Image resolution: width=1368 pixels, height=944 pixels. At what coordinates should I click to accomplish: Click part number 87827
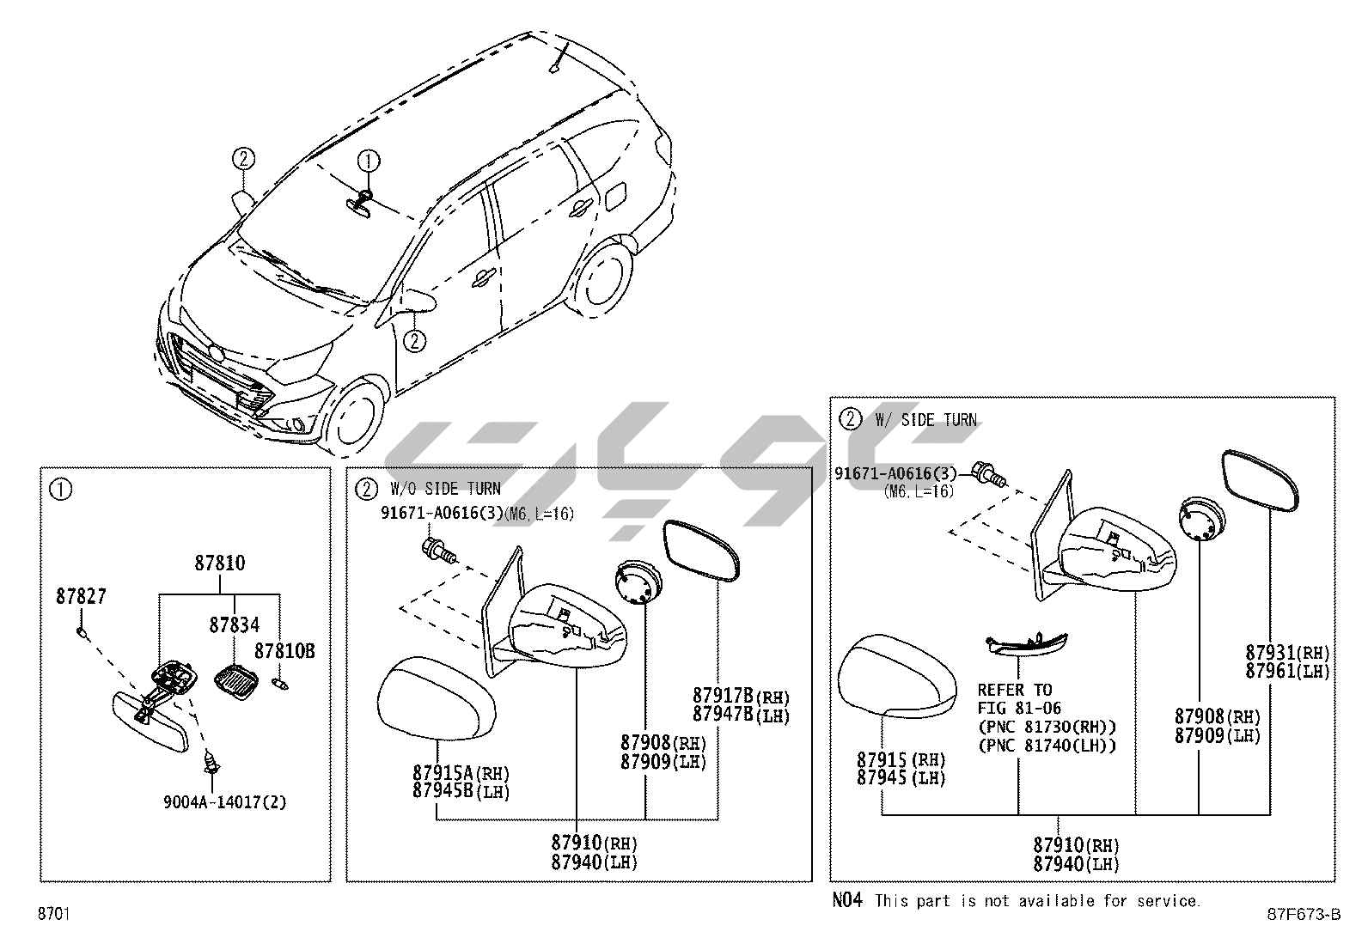tap(81, 596)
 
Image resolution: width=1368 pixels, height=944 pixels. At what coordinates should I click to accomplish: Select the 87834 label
tap(234, 625)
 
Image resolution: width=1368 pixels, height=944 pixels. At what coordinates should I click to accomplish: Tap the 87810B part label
tap(284, 652)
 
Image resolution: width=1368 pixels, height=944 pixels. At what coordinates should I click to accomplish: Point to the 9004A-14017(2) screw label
tap(224, 802)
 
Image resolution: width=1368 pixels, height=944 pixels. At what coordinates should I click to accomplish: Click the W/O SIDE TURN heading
tap(444, 490)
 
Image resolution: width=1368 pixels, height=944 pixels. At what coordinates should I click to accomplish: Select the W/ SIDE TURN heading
tap(925, 420)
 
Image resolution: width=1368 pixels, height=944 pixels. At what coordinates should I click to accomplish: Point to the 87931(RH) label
tap(1287, 653)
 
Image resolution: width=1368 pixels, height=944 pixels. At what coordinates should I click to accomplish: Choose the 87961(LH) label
tap(1287, 672)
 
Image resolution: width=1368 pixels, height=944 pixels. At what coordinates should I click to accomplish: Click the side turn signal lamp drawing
tap(1027, 644)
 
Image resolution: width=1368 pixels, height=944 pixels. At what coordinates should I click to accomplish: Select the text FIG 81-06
tap(1019, 709)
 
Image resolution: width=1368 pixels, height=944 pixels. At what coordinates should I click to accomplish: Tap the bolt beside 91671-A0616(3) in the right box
tap(989, 473)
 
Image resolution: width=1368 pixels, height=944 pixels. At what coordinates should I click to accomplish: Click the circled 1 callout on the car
tap(369, 160)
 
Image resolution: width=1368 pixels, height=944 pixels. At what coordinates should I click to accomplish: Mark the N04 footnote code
tap(846, 900)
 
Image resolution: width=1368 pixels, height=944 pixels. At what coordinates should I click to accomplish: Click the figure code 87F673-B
tap(1303, 914)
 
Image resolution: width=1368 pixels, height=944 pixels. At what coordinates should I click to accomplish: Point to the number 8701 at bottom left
tap(53, 914)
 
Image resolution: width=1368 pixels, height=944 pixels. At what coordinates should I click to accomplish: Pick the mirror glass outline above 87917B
tap(701, 551)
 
